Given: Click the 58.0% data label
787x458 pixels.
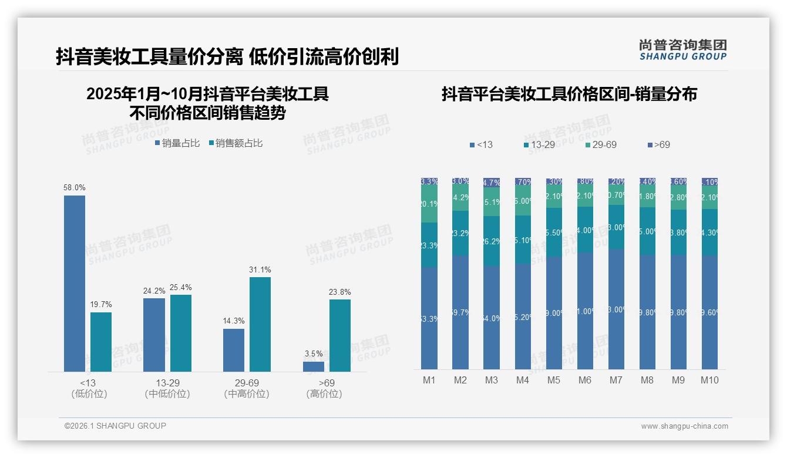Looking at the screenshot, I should tap(75, 188).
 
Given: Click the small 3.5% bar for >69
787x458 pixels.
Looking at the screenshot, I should tap(314, 366).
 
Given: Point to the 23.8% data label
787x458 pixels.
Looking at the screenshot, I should tap(340, 292).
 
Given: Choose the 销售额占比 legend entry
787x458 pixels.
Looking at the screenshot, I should tap(236, 143).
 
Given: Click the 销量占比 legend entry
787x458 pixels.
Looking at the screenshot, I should tap(177, 143).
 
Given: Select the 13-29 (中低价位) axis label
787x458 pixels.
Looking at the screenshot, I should tap(167, 388).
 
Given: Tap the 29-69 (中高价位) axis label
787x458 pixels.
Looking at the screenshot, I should tap(247, 388).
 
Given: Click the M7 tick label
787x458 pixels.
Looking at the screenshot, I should tap(616, 380).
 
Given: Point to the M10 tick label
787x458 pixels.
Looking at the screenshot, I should tap(709, 380).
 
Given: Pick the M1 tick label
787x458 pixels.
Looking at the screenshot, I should tap(429, 380).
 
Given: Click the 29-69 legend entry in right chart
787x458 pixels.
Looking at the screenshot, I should tap(601, 144).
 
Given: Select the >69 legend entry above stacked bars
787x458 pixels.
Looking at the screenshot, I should tap(658, 144).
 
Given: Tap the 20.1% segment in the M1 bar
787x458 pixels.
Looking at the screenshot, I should tap(429, 204).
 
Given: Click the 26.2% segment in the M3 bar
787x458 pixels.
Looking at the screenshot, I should tap(492, 241).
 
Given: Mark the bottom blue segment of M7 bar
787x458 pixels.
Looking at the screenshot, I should tap(616, 309).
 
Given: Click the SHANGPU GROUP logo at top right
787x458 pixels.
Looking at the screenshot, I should tap(682, 50).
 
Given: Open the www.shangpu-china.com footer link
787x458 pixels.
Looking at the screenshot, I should tap(684, 426).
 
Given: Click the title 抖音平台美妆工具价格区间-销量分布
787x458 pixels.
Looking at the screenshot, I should tap(569, 94).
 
